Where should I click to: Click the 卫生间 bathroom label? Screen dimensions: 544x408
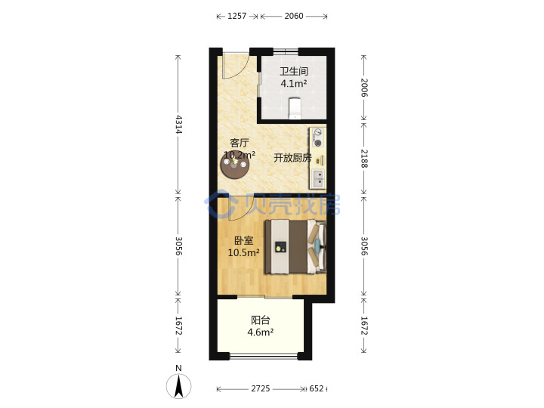[294, 72]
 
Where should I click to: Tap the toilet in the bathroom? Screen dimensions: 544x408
[295, 108]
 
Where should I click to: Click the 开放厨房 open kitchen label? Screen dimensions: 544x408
[292, 158]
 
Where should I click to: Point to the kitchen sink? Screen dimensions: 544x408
[318, 178]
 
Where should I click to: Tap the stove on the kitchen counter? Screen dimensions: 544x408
[318, 138]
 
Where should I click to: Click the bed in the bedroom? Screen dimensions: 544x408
[295, 246]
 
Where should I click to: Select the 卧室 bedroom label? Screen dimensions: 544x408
[243, 240]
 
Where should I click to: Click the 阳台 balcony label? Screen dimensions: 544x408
[261, 320]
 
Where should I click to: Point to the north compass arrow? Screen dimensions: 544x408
[178, 385]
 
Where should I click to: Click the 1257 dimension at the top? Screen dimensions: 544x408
[237, 16]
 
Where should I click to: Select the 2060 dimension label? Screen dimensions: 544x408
[294, 16]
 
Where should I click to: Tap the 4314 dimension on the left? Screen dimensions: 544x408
[178, 125]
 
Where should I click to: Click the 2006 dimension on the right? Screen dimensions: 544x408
[364, 88]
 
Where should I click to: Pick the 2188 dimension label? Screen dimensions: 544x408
[364, 159]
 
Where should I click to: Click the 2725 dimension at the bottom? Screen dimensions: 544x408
[261, 388]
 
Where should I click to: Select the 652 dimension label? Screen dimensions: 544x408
[316, 388]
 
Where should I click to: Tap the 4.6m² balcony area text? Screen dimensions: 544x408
[261, 332]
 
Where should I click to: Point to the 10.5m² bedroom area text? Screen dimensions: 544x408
[243, 252]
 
